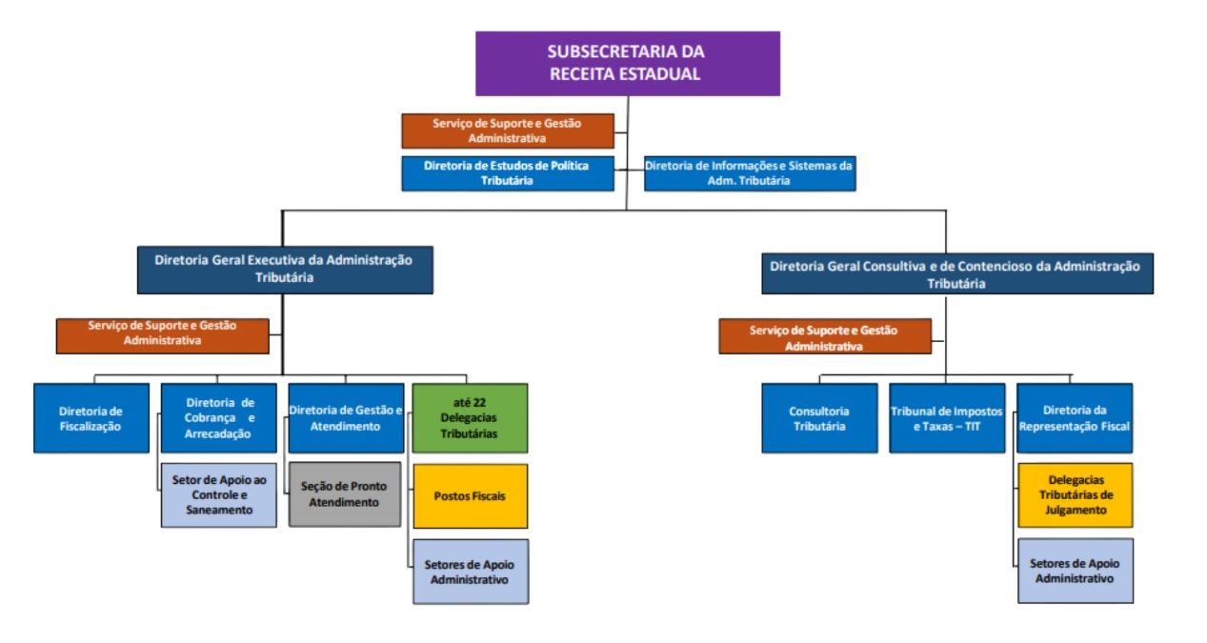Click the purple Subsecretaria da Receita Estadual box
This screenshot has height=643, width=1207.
[627, 64]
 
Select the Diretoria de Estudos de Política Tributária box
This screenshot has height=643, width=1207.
[508, 173]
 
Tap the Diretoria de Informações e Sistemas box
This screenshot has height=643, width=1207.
[750, 173]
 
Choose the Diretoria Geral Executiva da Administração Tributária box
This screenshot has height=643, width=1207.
[285, 270]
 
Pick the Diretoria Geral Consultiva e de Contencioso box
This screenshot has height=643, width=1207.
[957, 273]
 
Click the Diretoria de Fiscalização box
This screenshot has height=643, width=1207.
[91, 417]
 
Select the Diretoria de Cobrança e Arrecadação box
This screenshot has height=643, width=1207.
[219, 417]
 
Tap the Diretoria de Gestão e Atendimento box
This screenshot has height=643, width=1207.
[346, 417]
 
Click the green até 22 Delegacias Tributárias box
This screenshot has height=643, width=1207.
[470, 417]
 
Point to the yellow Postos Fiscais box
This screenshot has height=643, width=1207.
[471, 496]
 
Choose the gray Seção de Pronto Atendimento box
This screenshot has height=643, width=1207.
[345, 493]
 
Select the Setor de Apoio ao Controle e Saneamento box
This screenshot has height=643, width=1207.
[219, 494]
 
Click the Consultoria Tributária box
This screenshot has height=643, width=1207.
[819, 417]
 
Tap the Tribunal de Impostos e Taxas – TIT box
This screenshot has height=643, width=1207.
[947, 417]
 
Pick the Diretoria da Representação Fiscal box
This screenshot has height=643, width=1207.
[1075, 417]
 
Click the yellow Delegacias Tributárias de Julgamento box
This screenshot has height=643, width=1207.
[1076, 494]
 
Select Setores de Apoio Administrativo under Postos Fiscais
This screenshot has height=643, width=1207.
[471, 572]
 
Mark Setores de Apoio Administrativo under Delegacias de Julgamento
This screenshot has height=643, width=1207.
[1076, 571]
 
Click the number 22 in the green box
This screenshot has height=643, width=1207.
[479, 403]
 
